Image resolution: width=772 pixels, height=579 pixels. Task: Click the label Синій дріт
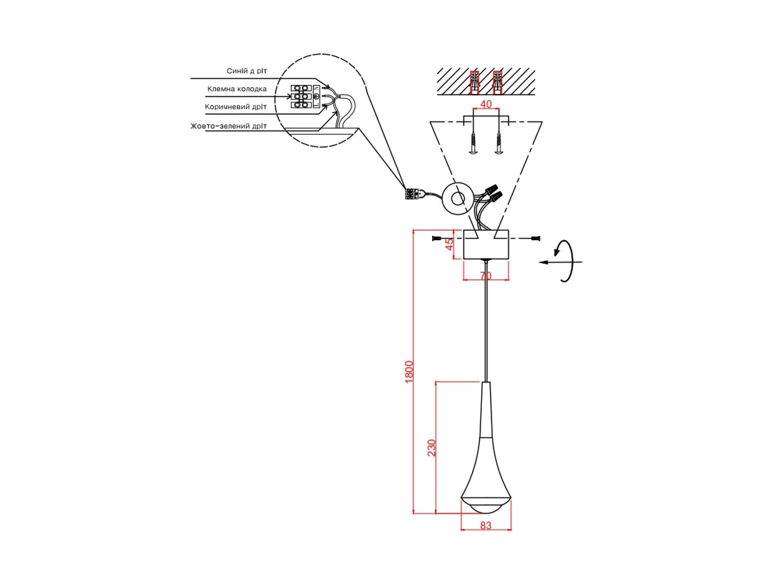point(246,70)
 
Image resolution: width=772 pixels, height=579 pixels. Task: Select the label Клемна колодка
point(237,89)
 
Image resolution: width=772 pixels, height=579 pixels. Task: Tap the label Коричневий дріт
point(235,107)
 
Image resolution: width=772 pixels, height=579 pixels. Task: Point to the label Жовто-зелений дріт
point(228,126)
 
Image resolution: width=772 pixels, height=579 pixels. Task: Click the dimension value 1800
point(410,372)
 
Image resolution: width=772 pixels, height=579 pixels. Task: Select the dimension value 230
point(432,448)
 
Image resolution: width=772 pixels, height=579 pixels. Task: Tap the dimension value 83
point(486,535)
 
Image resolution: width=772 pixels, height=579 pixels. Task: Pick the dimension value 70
point(486,277)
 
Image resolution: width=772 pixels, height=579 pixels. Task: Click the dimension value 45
point(450,244)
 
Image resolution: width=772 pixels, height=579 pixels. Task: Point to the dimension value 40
point(486,104)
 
